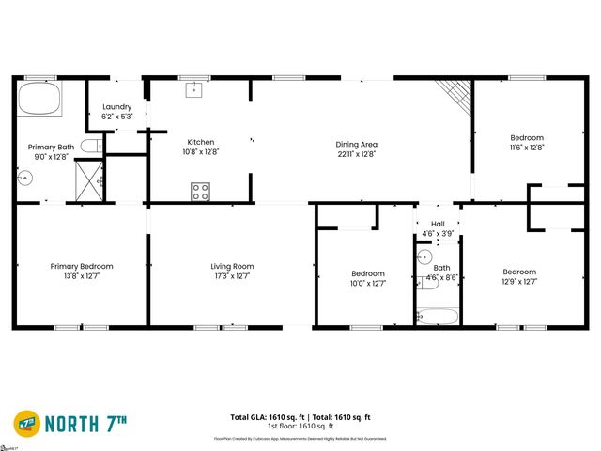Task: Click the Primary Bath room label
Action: click(x=51, y=147)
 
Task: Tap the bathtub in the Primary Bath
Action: click(x=40, y=98)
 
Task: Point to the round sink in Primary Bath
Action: click(x=25, y=172)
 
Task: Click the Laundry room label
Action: click(x=117, y=107)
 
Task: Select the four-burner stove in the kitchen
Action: click(x=200, y=192)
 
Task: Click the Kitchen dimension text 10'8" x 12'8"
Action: click(x=201, y=151)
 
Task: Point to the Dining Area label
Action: click(x=357, y=144)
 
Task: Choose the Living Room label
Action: click(x=232, y=266)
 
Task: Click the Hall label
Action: click(x=438, y=224)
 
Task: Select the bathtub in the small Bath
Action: click(x=438, y=316)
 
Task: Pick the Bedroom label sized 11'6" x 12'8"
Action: click(x=527, y=137)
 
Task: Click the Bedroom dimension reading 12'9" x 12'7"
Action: click(x=519, y=281)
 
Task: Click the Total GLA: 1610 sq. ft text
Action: click(x=266, y=416)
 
